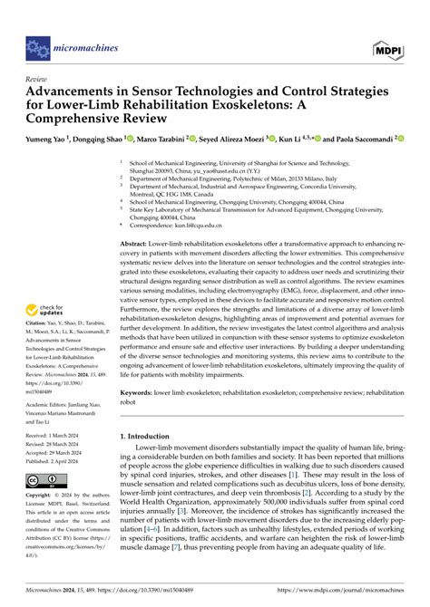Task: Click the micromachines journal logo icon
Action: pos(36,42)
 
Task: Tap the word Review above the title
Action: pos(38,79)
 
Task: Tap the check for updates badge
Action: pos(51,311)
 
